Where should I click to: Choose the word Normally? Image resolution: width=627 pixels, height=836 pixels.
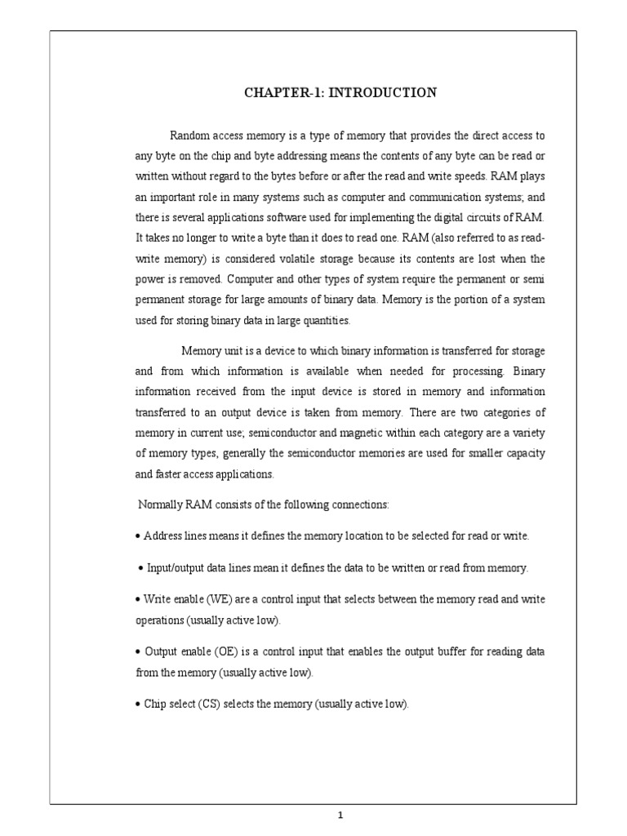coord(162,505)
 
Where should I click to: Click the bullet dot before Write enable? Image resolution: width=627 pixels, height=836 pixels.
coord(138,599)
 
